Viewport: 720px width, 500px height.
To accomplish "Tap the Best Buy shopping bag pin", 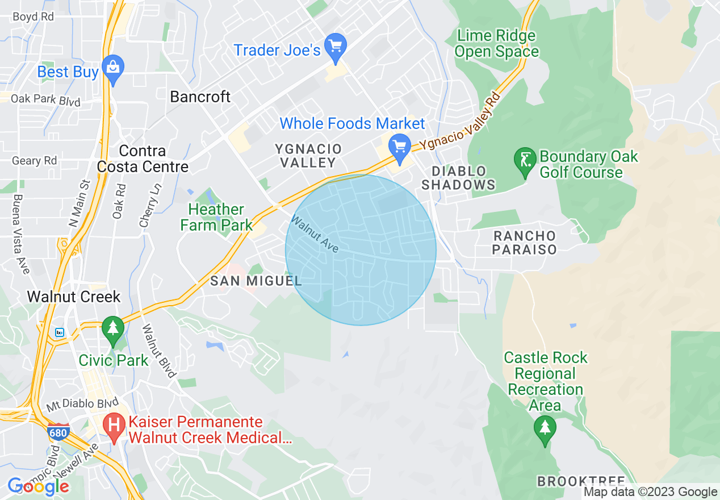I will click(113, 68).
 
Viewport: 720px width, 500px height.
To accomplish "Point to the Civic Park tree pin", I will click(113, 329).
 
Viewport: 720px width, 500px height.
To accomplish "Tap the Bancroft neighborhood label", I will click(200, 97).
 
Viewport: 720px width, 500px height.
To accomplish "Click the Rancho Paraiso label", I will click(524, 243).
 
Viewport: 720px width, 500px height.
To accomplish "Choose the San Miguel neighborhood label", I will click(256, 281).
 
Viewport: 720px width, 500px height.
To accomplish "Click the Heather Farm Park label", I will click(216, 218).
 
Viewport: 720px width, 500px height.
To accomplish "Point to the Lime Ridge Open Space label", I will click(496, 44).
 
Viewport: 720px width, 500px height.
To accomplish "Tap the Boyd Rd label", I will click(33, 17).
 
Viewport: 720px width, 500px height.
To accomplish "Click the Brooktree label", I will click(581, 482).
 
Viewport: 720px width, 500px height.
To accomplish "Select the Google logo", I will click(38, 486).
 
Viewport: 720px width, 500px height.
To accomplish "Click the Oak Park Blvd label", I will click(45, 100).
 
